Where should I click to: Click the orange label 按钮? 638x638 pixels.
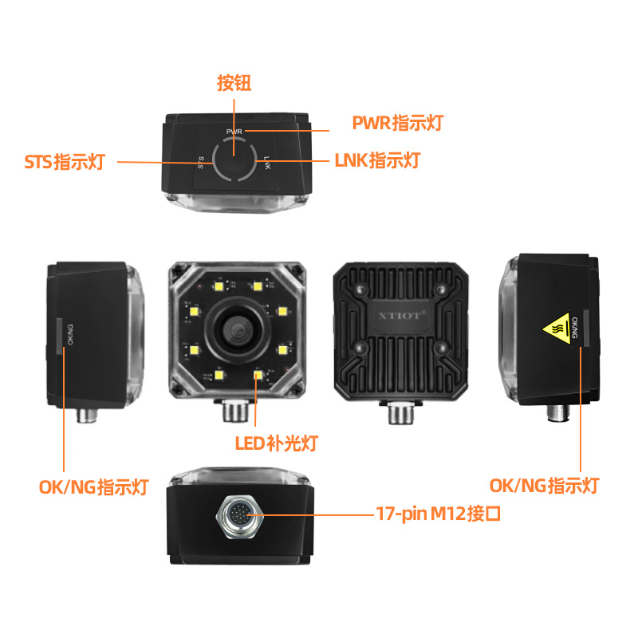coord(234,83)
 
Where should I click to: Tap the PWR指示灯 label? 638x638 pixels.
coord(397,124)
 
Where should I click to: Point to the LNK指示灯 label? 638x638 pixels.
coord(375,160)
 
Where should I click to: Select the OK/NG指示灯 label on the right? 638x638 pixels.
coord(543,485)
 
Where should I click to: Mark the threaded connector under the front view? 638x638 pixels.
coord(234,412)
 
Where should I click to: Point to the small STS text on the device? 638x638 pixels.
coord(201,163)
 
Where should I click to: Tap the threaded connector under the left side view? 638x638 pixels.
coord(86,415)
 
